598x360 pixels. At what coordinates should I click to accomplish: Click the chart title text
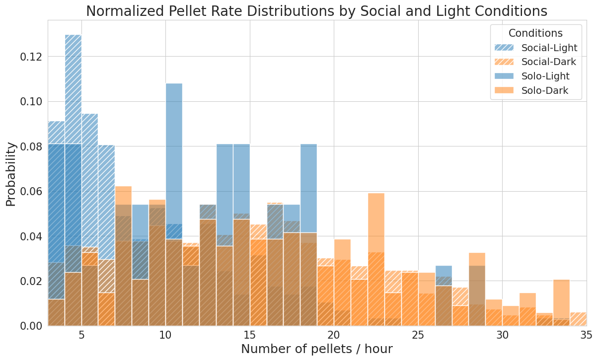317,11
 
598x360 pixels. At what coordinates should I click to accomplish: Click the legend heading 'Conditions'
535,33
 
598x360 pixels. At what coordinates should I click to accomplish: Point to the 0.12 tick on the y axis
31,57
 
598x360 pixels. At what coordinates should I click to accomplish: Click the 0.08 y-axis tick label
31,146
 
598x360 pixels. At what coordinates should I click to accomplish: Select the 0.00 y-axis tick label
31,326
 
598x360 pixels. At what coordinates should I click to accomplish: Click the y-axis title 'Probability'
11,174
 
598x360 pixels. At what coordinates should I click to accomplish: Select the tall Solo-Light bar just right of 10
174,149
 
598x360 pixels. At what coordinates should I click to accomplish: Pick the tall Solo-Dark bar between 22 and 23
376,223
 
